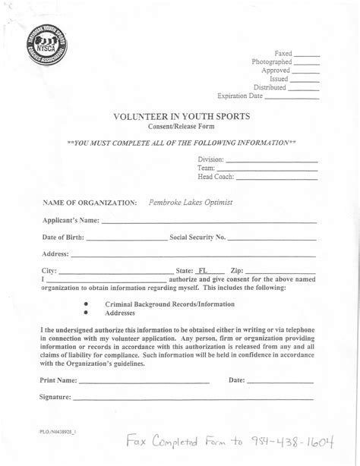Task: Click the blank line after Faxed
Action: [306, 55]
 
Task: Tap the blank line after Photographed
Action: [307, 64]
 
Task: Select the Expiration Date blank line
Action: [291, 98]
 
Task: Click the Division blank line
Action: [271, 161]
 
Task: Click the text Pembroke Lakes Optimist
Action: [191, 203]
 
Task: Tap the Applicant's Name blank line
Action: [209, 222]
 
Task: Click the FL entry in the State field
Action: [203, 270]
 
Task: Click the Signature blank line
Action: [193, 398]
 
